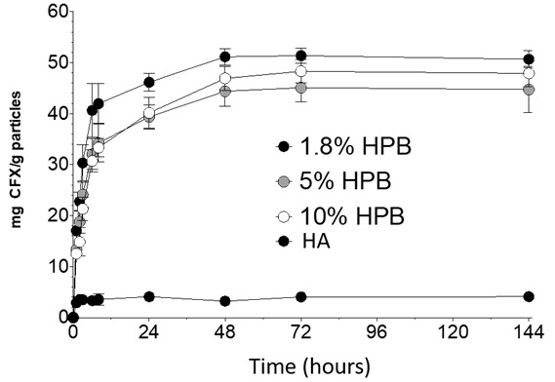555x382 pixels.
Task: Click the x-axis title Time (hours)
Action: pyautogui.click(x=307, y=366)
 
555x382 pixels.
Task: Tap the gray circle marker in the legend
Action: pyautogui.click(x=285, y=181)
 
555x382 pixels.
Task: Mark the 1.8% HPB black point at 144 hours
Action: pyautogui.click(x=529, y=59)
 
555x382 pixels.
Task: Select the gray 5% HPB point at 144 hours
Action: pyautogui.click(x=529, y=90)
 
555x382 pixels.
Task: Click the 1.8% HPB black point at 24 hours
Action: pyautogui.click(x=149, y=82)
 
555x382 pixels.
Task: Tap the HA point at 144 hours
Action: pyautogui.click(x=529, y=296)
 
